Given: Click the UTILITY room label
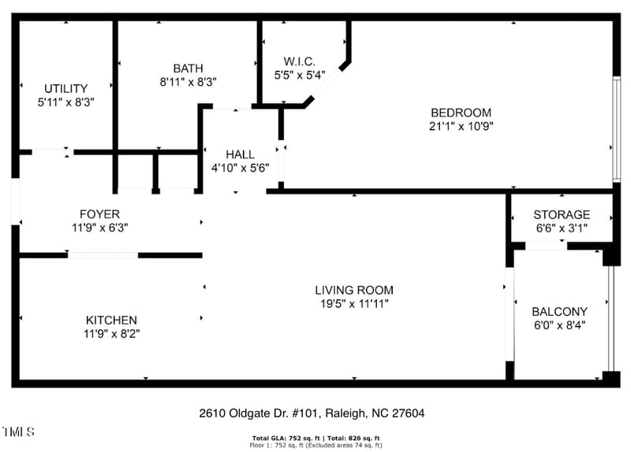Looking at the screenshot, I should click(66, 88).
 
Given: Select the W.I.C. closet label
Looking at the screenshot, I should click(299, 61).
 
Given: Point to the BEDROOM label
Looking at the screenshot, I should click(461, 112).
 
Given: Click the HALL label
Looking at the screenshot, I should click(240, 154).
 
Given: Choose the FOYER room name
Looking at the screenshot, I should click(99, 213).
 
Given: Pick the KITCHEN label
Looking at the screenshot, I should click(111, 320).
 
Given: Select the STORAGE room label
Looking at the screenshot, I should click(561, 214).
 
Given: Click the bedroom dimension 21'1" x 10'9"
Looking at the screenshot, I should click(461, 125).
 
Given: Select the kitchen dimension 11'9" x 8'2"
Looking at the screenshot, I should click(111, 333).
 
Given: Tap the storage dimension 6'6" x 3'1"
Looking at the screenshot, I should click(561, 228).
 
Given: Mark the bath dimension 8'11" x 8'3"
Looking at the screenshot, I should click(188, 81).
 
